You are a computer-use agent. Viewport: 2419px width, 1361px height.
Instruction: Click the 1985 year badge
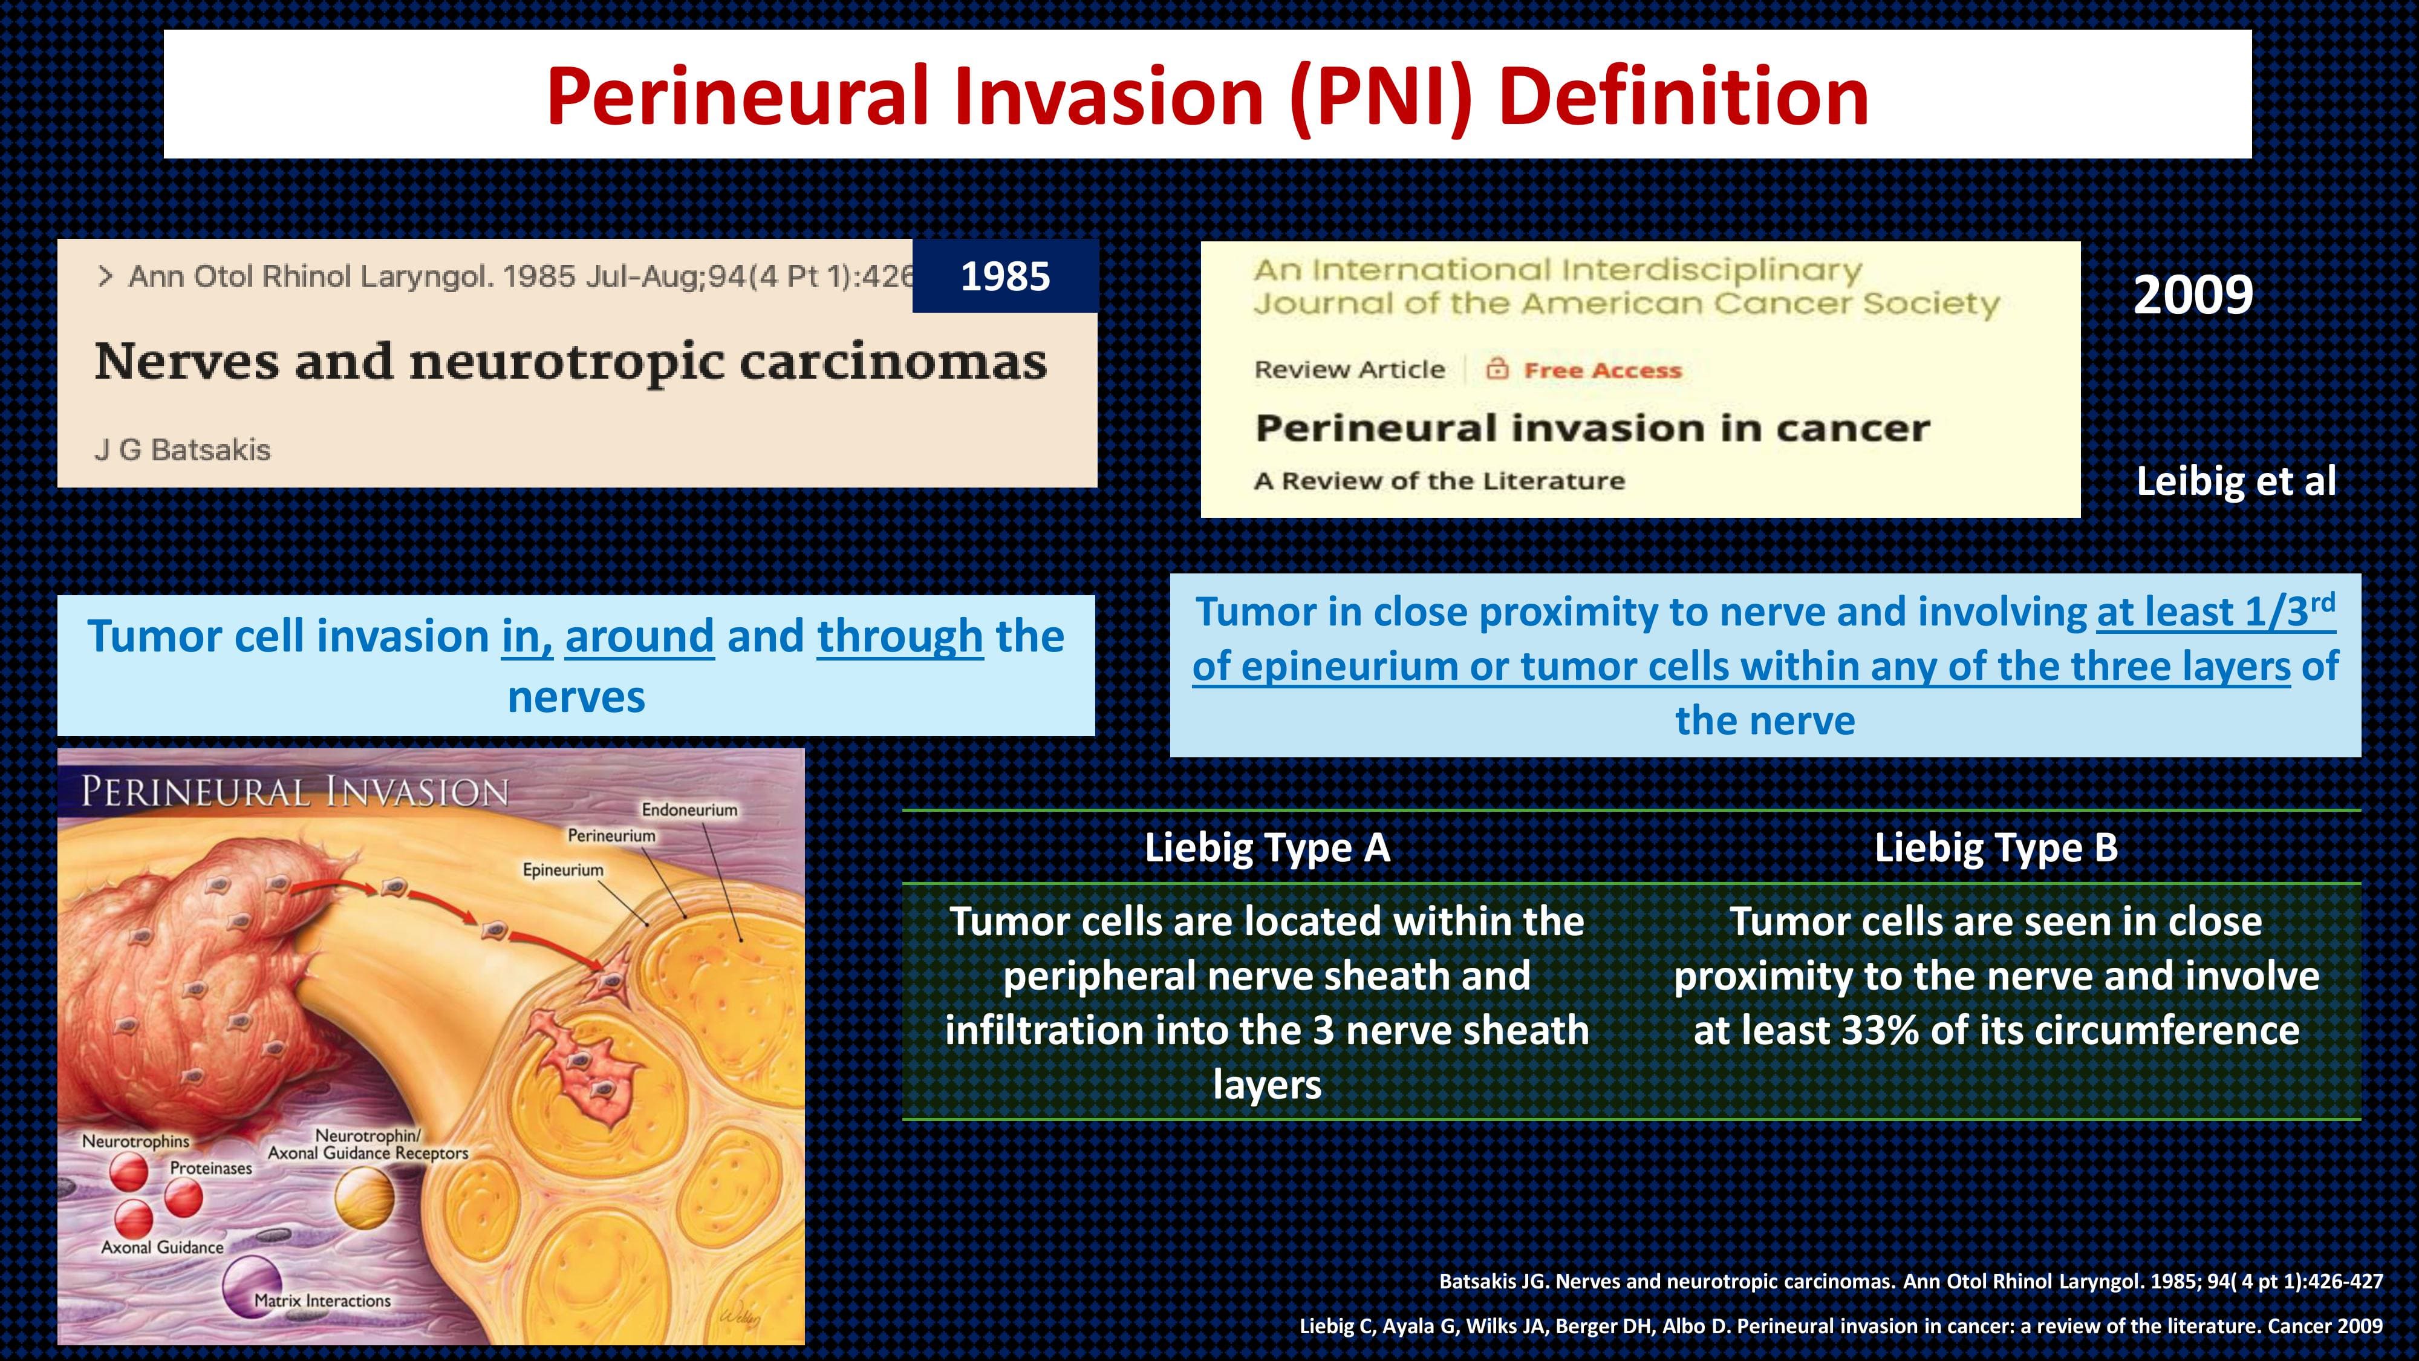pos(1004,276)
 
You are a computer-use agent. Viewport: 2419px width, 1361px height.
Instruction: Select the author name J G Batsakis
pos(182,450)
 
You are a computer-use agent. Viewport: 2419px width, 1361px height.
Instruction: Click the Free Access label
pos(1602,370)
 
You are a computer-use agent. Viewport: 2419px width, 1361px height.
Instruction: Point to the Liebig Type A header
pos(1267,847)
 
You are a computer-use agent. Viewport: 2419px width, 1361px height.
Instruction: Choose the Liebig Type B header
pos(1996,847)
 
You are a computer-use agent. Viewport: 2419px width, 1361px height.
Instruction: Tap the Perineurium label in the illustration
pos(611,835)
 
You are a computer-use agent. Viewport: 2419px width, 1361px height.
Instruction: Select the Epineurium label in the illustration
pos(564,870)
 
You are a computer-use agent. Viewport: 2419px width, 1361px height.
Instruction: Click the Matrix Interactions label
pos(322,1301)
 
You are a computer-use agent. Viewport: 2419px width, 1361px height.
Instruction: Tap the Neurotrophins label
pos(135,1141)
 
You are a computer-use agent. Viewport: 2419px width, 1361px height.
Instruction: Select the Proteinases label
pos(211,1169)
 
